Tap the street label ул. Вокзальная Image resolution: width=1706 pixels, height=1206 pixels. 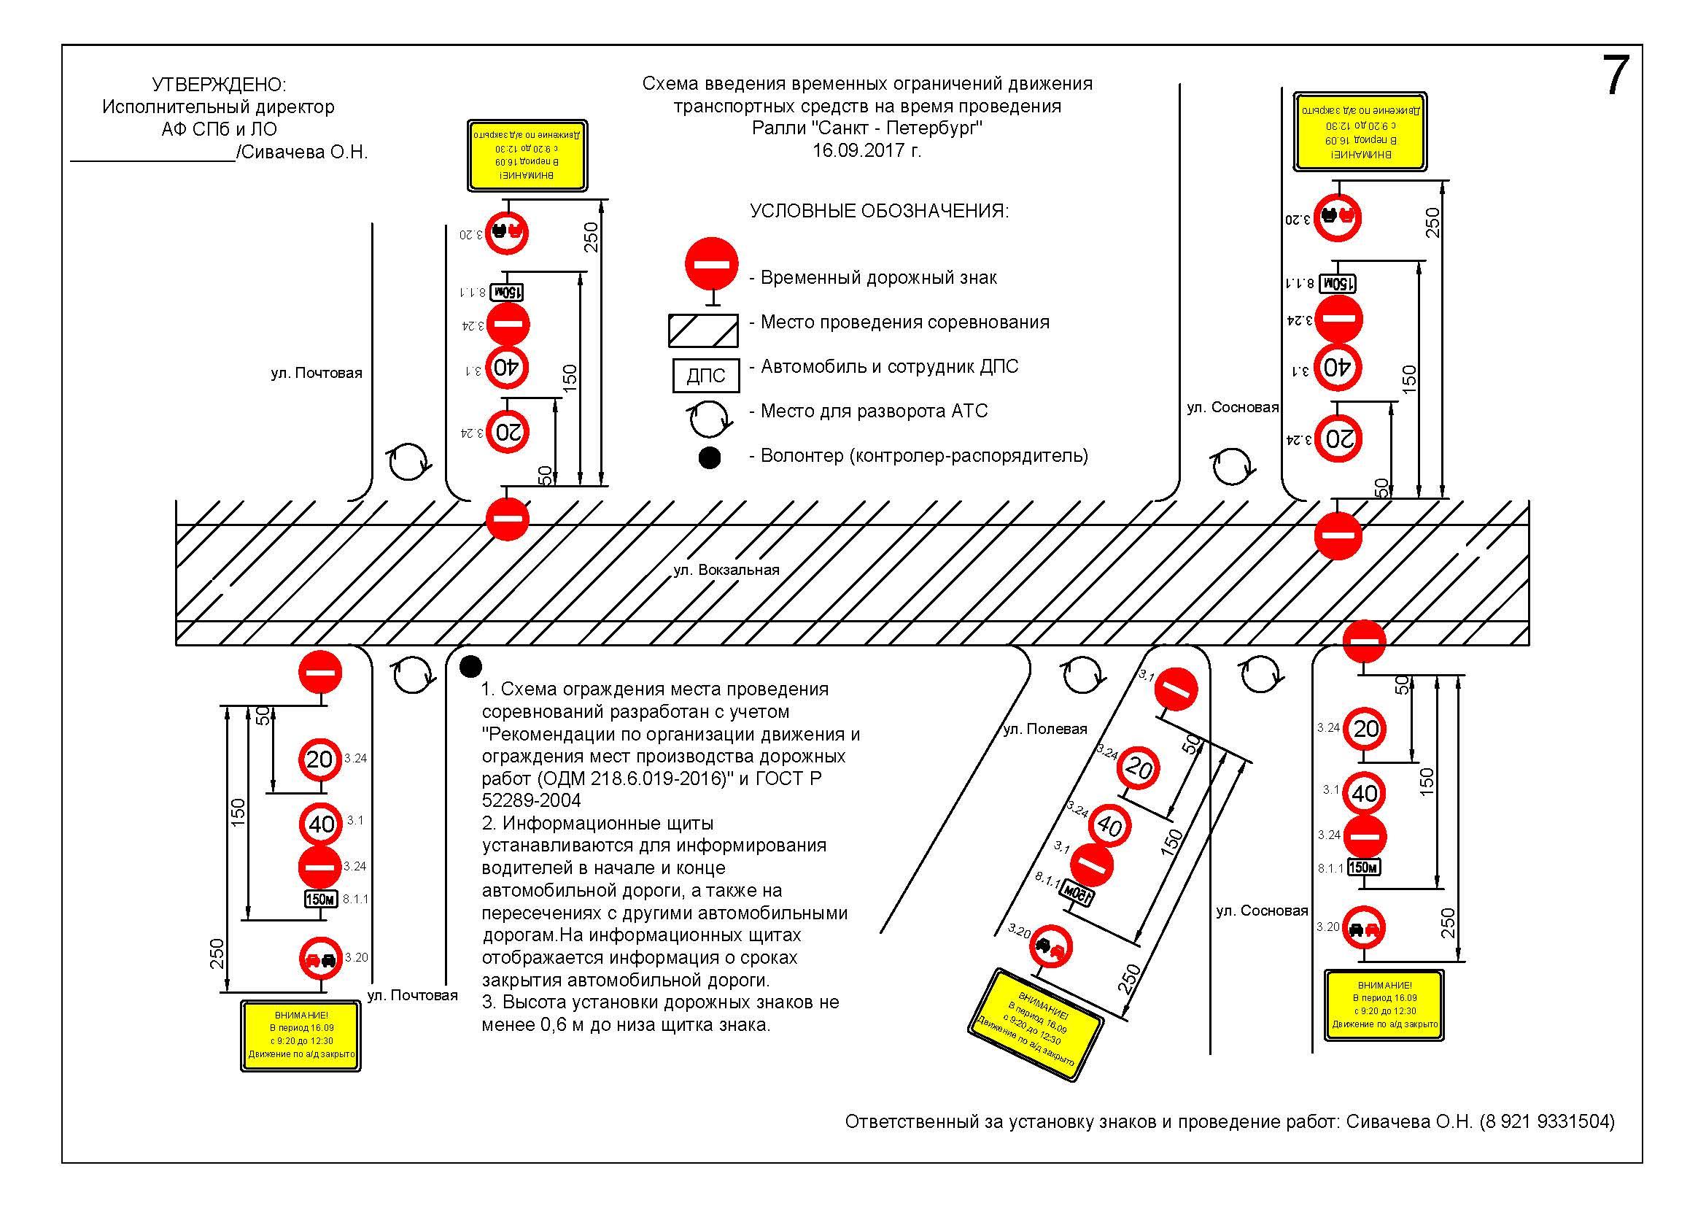[726, 570]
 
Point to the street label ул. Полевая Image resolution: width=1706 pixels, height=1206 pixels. [1044, 729]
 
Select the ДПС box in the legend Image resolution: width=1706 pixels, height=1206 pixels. [706, 375]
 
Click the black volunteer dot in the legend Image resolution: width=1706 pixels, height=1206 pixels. [710, 457]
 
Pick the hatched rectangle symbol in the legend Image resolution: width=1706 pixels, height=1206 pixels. [703, 330]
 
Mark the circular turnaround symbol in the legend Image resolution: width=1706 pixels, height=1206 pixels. [709, 418]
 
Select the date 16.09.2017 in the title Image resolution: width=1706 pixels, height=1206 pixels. [866, 151]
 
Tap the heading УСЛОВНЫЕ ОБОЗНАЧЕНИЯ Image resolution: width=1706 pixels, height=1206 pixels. [879, 211]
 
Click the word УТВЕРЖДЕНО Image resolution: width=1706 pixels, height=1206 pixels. [219, 84]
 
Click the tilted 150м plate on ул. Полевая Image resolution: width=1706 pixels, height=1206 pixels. [1077, 892]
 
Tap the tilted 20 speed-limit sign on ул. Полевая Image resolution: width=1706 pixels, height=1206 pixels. [1138, 768]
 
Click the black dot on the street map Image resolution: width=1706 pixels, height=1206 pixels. [470, 667]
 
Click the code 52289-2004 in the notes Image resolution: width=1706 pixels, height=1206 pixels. [531, 800]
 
